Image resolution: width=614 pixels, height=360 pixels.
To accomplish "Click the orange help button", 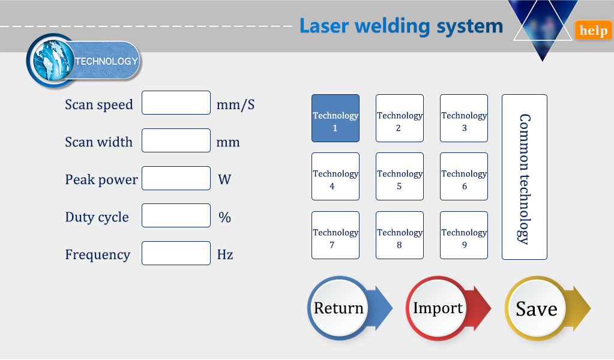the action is (x=593, y=30).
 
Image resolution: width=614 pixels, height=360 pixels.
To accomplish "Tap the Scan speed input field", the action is (x=176, y=103).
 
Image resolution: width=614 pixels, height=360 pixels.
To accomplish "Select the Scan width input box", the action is (x=176, y=140).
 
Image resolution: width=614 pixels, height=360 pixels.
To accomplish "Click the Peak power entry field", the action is (x=176, y=178).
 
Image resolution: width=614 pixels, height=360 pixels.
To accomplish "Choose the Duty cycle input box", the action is (x=176, y=215).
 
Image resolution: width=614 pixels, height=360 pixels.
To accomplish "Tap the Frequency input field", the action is (x=176, y=253).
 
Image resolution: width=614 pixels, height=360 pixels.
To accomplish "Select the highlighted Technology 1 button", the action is (x=335, y=118).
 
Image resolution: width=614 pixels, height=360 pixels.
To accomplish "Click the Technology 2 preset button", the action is (x=399, y=118).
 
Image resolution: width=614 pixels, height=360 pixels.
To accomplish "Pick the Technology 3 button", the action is (x=463, y=118).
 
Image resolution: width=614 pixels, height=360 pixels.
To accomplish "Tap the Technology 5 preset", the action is (x=399, y=176).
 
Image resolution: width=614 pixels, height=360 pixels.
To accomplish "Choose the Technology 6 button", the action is (x=463, y=176).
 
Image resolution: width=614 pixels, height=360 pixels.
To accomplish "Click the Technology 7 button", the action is (x=335, y=235).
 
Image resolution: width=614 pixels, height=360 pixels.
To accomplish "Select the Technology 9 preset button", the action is (x=463, y=235).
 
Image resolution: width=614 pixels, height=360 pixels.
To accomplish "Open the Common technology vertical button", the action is (x=525, y=177).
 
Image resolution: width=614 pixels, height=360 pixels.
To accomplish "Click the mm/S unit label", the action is (x=235, y=104).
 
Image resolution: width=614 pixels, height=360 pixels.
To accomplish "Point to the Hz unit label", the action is (x=225, y=254).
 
